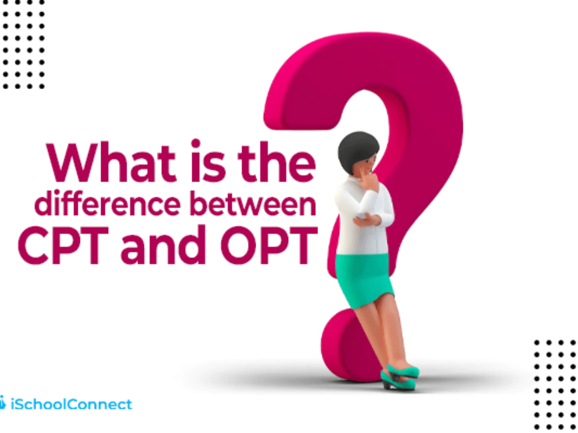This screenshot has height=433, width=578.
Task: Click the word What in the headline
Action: pos(111,162)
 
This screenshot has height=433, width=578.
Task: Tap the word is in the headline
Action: pos(208,161)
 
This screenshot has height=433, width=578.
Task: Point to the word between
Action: pos(253,203)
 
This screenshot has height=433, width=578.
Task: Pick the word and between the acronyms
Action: pos(163,245)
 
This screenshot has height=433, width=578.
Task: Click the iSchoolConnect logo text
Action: pos(71,404)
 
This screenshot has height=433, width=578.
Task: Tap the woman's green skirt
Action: pos(364,280)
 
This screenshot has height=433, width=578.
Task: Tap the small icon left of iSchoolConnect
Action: pos(2,403)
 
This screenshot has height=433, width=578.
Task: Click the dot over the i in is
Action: pos(196,143)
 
